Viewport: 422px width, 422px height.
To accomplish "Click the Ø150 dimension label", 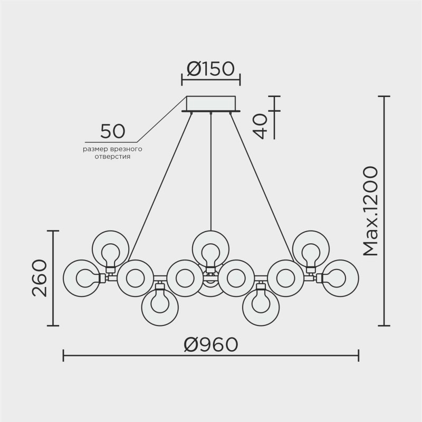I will [x=211, y=69].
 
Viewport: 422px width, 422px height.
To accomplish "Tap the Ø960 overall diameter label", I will [x=211, y=345].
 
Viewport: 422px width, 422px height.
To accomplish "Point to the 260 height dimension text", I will [x=41, y=278].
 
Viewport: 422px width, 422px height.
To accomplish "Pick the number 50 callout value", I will [x=112, y=131].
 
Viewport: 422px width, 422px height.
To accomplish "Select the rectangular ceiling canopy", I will [x=211, y=103].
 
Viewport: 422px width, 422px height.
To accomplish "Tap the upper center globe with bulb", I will [x=211, y=248].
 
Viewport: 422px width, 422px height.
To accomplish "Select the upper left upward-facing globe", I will [x=110, y=248].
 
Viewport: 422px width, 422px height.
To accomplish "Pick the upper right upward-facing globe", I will [x=311, y=248].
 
